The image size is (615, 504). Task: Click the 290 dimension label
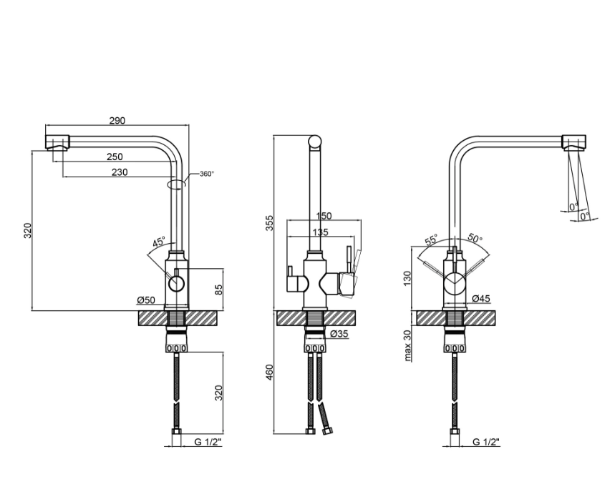[117, 121]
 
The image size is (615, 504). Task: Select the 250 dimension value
[115, 157]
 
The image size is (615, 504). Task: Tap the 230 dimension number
[120, 172]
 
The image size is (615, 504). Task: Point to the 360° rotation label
[207, 174]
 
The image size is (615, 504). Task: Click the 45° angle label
[159, 242]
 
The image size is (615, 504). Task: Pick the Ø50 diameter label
[146, 300]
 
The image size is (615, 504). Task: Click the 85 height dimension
[219, 290]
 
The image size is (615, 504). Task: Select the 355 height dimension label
[269, 223]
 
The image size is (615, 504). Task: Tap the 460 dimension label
[269, 372]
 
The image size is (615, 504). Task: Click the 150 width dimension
[324, 216]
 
